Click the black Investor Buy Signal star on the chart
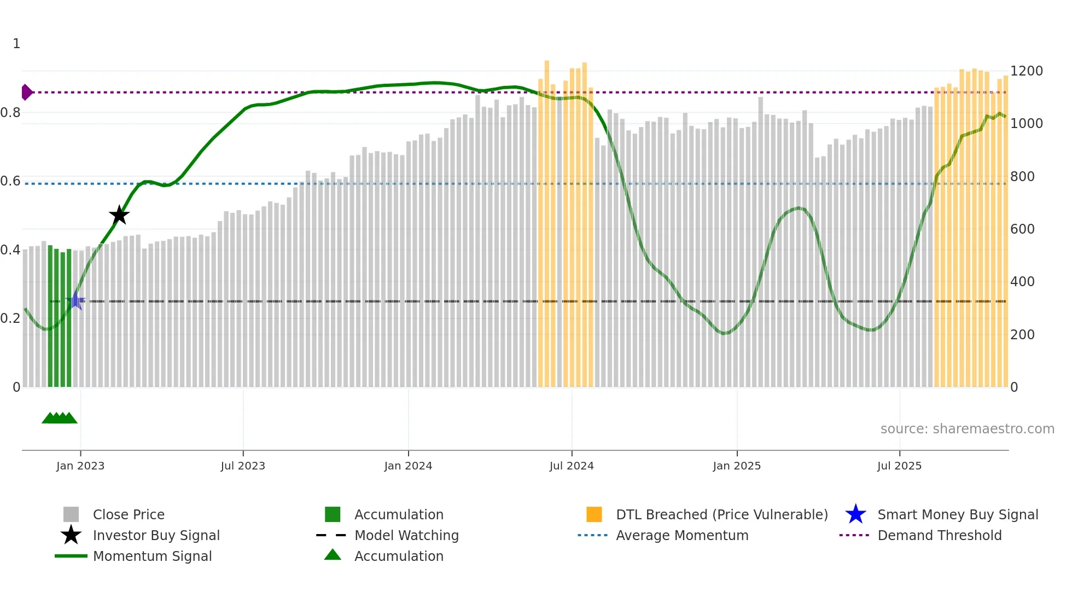click(119, 215)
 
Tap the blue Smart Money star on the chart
click(75, 301)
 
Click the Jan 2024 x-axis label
click(408, 466)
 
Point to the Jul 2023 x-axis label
click(243, 466)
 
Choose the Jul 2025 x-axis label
click(899, 466)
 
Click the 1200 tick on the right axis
click(1026, 71)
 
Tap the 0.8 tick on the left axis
click(10, 113)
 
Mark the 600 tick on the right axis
click(1022, 229)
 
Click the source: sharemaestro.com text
click(967, 429)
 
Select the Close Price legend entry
click(129, 514)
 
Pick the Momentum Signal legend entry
click(152, 556)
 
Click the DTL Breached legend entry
click(721, 514)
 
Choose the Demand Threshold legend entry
click(939, 535)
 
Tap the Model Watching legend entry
click(406, 535)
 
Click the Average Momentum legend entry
click(682, 535)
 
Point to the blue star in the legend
click(855, 514)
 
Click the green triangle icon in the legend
click(333, 555)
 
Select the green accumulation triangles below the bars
click(60, 418)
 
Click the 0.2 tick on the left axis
click(10, 318)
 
